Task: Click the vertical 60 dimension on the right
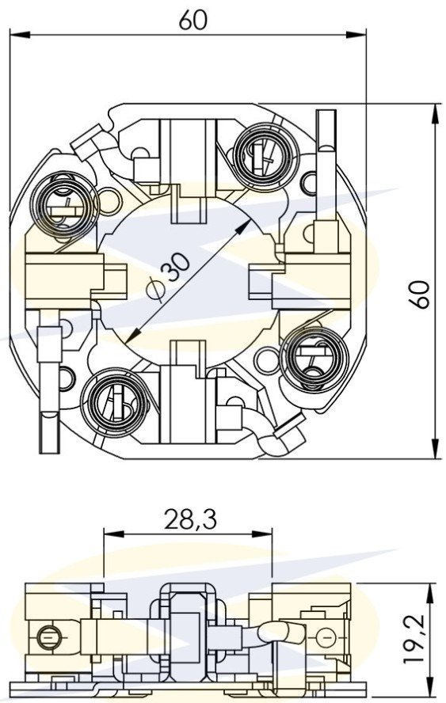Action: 419,294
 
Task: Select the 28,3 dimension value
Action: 190,519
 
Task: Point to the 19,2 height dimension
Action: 414,638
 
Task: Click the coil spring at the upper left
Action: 63,204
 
